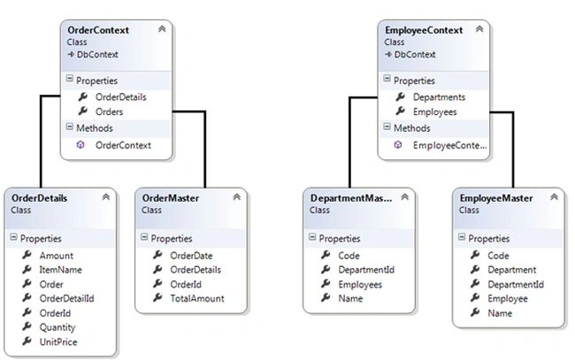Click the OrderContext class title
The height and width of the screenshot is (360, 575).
tap(98, 30)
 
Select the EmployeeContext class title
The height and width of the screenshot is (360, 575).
tap(424, 30)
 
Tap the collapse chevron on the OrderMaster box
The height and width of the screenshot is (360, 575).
tap(237, 197)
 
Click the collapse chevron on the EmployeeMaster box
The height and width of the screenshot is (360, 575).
tap(554, 197)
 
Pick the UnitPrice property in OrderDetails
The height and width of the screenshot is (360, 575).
tap(58, 342)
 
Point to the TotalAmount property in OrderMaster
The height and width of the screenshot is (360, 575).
tap(197, 299)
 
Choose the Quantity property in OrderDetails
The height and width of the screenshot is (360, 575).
tap(57, 327)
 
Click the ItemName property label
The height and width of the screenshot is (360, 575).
tap(60, 270)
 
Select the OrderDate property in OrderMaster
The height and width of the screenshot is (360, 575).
tap(191, 256)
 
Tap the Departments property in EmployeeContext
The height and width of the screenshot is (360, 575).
tap(439, 97)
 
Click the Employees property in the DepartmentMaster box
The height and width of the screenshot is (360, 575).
tap(360, 285)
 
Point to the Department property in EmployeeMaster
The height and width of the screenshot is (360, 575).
tap(511, 270)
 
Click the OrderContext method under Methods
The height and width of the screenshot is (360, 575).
tap(123, 145)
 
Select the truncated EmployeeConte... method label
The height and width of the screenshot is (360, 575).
tap(450, 145)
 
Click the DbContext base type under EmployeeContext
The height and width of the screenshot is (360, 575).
tap(415, 55)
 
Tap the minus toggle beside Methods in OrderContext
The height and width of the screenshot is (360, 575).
tap(69, 126)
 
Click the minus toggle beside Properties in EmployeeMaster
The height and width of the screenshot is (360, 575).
tap(461, 237)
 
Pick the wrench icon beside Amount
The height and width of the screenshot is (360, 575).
tap(27, 255)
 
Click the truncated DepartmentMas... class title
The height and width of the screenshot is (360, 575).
tap(351, 198)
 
